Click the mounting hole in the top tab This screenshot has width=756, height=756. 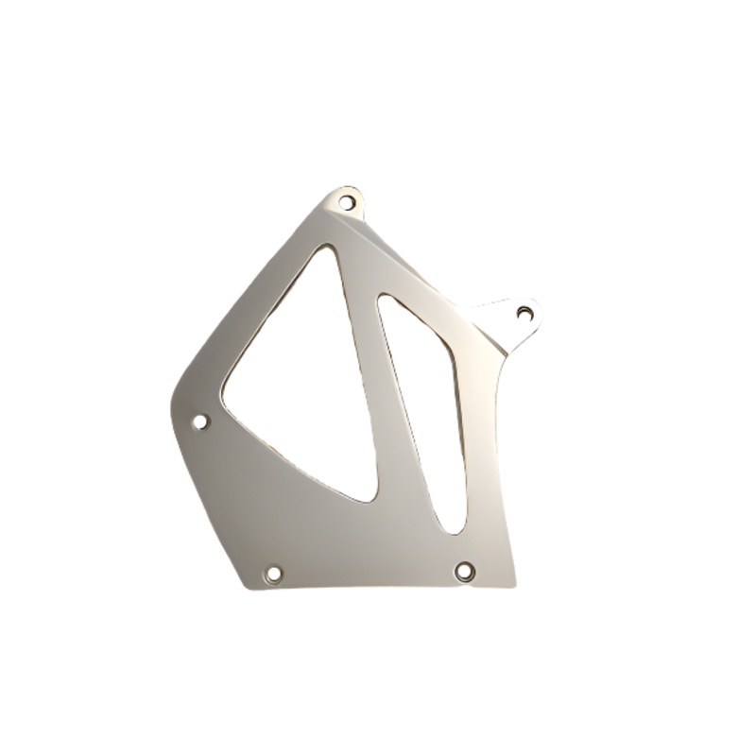347,202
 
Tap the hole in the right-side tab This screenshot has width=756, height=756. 525,313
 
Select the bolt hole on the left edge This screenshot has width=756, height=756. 200,421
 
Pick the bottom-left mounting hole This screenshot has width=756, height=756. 273,574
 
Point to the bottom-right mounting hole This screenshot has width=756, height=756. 464,571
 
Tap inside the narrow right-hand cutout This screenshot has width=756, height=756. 430,406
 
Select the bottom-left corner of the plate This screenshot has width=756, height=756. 249,586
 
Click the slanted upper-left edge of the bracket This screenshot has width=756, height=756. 246,293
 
